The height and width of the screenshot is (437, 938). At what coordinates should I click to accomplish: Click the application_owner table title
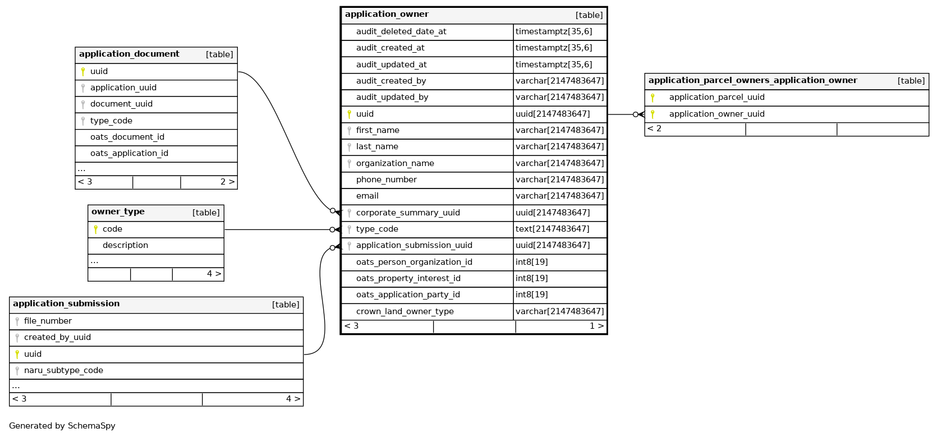pyautogui.click(x=387, y=15)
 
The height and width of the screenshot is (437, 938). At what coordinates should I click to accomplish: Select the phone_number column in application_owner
pyautogui.click(x=386, y=180)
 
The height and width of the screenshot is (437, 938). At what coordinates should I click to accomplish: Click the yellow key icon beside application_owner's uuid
pyautogui.click(x=349, y=114)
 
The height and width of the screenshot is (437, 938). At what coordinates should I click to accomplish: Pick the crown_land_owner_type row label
pyautogui.click(x=404, y=312)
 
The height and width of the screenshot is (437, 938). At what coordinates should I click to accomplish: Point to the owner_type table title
pyautogui.click(x=118, y=212)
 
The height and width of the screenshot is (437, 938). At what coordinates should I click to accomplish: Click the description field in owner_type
pyautogui.click(x=125, y=246)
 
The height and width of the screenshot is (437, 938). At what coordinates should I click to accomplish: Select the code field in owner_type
pyautogui.click(x=112, y=229)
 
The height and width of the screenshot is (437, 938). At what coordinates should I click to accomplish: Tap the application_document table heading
pyautogui.click(x=129, y=54)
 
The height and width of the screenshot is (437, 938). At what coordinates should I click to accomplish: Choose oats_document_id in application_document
pyautogui.click(x=127, y=137)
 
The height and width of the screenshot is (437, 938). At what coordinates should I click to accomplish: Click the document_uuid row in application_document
pyautogui.click(x=121, y=104)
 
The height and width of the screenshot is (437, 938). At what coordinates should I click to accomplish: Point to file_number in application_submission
pyautogui.click(x=48, y=321)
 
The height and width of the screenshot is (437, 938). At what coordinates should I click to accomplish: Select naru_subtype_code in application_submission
pyautogui.click(x=63, y=371)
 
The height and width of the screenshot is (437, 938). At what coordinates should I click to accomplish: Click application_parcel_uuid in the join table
pyautogui.click(x=716, y=98)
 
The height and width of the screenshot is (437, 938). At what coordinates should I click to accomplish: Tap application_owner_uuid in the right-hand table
pyautogui.click(x=716, y=114)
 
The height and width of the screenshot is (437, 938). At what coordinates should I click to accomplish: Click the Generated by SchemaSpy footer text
pyautogui.click(x=62, y=426)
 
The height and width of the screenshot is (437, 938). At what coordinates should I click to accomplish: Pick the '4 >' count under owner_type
pyautogui.click(x=214, y=274)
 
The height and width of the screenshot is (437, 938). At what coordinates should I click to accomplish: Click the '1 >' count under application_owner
pyautogui.click(x=596, y=326)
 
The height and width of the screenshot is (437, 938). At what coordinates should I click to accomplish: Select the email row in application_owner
pyautogui.click(x=367, y=196)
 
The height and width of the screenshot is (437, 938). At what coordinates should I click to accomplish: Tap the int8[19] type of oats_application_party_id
pyautogui.click(x=531, y=295)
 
